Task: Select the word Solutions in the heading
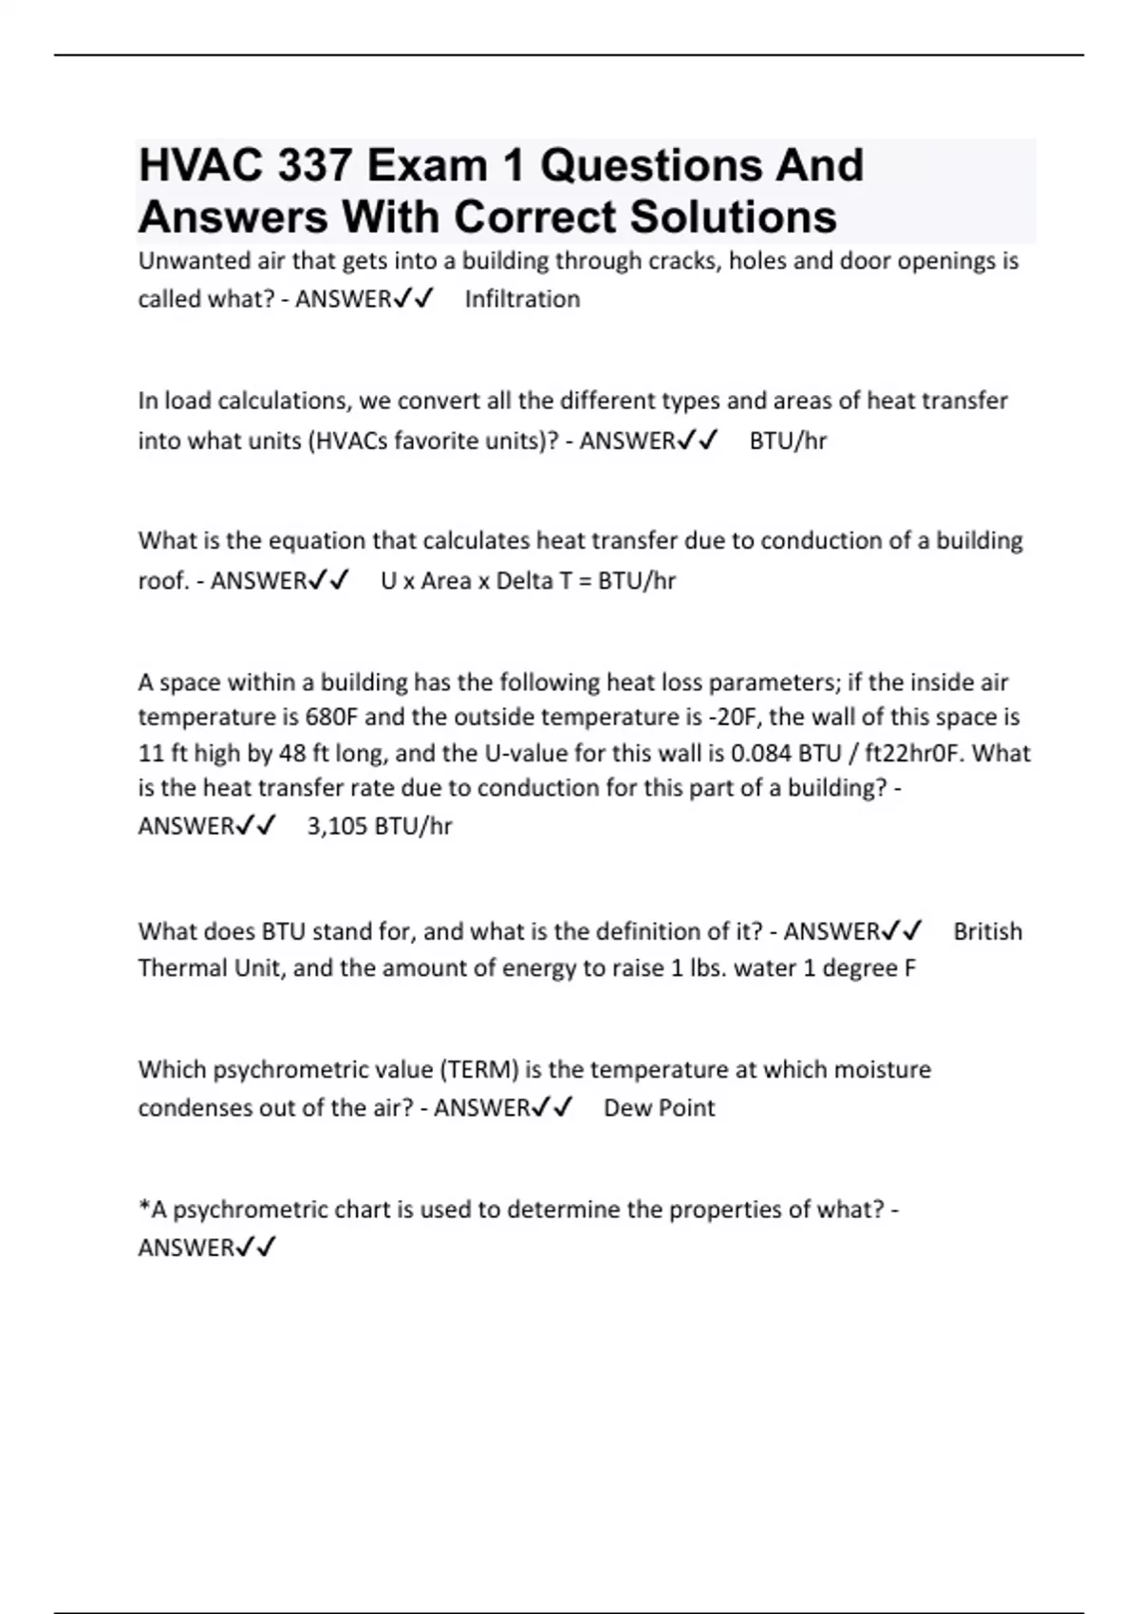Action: tap(733, 217)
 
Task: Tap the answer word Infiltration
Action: tap(522, 299)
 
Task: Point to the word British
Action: tap(987, 931)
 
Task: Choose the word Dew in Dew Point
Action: tap(625, 1108)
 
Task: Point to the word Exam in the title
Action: tap(427, 166)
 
